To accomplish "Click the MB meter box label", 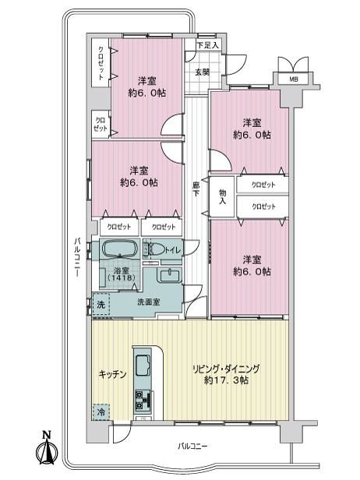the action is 294,79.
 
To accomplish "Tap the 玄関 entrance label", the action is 203,72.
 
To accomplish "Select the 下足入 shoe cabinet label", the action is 207,46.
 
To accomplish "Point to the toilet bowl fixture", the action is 154,249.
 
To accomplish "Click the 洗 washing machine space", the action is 101,304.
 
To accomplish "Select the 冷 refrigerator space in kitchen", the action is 101,412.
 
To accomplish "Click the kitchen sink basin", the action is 143,365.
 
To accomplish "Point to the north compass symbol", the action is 47,450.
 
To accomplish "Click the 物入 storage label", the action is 223,197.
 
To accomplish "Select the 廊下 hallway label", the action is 196,189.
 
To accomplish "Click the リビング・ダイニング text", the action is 226,369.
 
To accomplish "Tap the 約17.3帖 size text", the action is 226,380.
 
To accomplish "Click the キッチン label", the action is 112,374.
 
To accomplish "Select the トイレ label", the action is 173,250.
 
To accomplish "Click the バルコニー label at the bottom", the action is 193,446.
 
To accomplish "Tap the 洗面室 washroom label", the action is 149,302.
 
